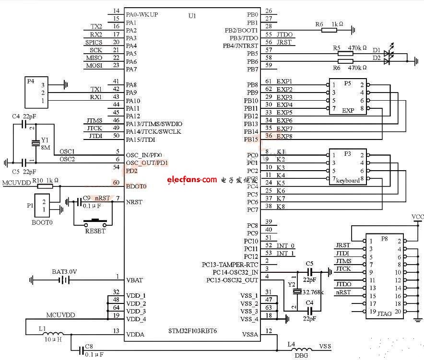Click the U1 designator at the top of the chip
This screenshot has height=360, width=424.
point(192,16)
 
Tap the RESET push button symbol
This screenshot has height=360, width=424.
point(95,222)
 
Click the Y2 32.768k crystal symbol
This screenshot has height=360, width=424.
point(297,291)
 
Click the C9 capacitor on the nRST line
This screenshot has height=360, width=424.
point(76,202)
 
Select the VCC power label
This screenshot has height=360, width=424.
point(417,217)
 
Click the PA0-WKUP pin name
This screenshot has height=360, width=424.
point(141,15)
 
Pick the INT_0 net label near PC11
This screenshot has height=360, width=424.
point(285,245)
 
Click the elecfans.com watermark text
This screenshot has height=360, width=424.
point(192,180)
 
